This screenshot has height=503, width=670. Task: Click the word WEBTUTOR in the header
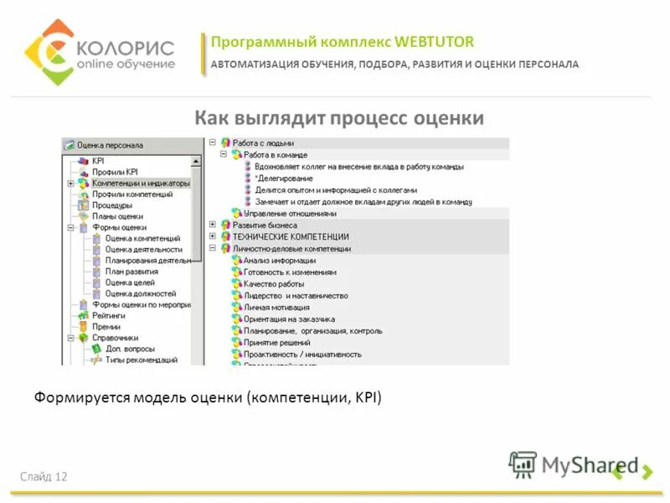point(436,42)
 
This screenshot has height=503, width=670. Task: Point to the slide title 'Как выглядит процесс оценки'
point(339,118)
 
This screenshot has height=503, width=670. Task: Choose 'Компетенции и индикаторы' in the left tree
point(141,183)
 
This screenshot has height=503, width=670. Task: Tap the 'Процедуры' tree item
point(111,205)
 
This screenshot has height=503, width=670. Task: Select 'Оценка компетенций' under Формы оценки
point(142,238)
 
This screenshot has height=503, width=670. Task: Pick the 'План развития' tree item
point(131,272)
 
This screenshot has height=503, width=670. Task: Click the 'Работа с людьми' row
point(263,143)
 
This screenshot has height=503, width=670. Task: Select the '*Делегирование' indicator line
point(284,179)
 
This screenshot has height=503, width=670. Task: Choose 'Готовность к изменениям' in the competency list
point(290,272)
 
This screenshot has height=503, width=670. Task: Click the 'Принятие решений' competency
point(278,342)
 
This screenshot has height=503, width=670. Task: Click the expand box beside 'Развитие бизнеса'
point(213,225)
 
